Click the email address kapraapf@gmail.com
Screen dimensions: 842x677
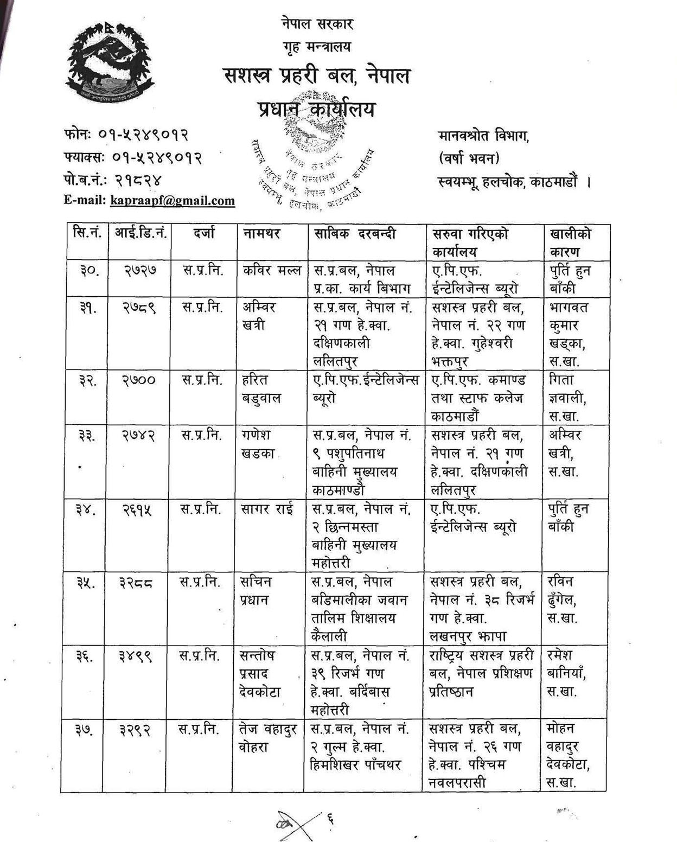[x=172, y=201]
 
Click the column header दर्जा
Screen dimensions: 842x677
[x=204, y=233]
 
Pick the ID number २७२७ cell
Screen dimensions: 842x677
[x=140, y=271]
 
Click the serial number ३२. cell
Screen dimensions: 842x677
[x=87, y=380]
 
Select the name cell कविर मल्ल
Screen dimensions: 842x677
[x=272, y=270]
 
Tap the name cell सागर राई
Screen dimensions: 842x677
[x=269, y=509]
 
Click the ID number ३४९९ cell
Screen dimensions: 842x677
[x=136, y=656]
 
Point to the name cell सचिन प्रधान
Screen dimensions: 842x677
[x=256, y=591]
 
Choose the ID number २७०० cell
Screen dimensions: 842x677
[x=139, y=380]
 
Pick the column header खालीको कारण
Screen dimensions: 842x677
[x=570, y=243]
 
